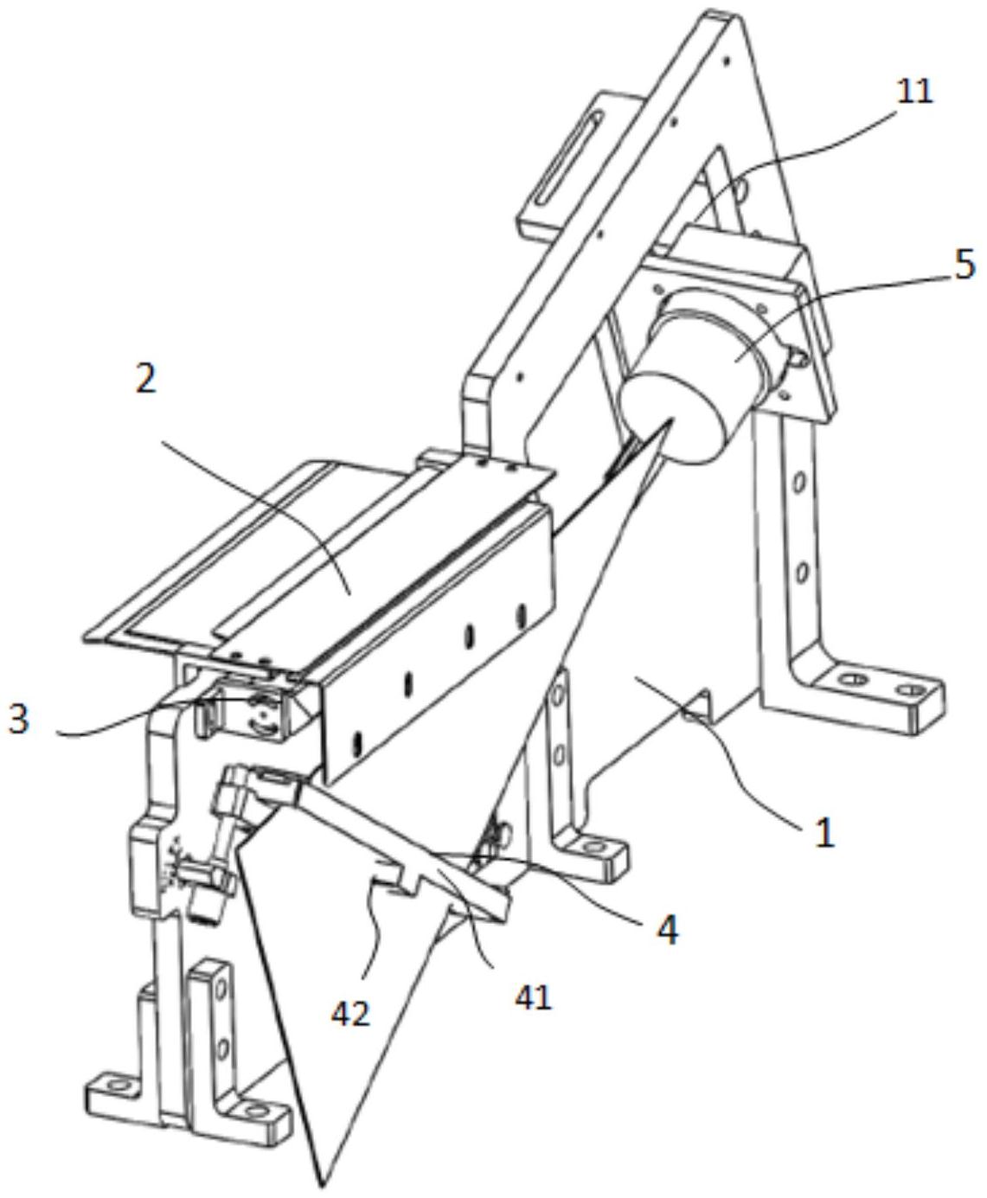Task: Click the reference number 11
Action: click(914, 90)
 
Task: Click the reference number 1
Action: click(825, 832)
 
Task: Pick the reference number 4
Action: click(666, 929)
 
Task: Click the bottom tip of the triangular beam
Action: click(323, 1182)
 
